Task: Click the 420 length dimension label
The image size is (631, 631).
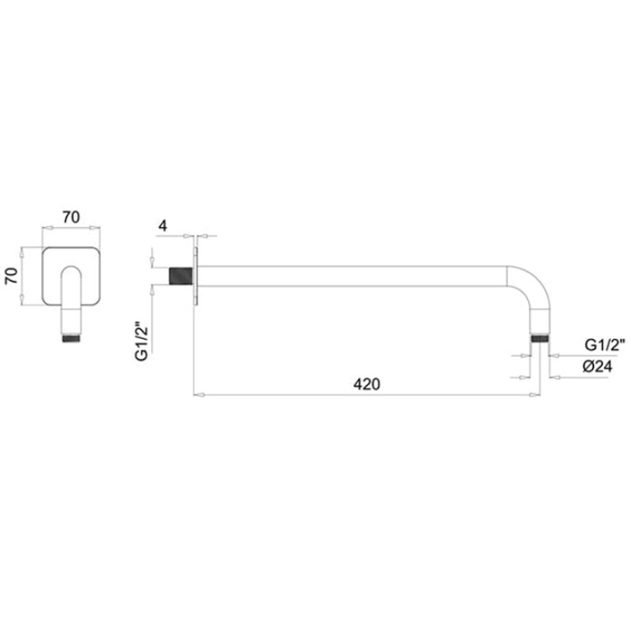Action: pyautogui.click(x=366, y=384)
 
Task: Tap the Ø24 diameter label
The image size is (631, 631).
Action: pyautogui.click(x=597, y=366)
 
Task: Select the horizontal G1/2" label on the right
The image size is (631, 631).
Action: pyautogui.click(x=605, y=345)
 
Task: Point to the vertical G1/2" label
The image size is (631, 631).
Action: pyautogui.click(x=142, y=341)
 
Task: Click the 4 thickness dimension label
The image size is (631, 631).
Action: pyautogui.click(x=163, y=225)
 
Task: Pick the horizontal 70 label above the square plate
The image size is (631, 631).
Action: pyautogui.click(x=71, y=217)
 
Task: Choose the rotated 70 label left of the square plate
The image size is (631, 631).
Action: pyautogui.click(x=12, y=276)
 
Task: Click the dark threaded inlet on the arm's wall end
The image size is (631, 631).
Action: pyautogui.click(x=181, y=276)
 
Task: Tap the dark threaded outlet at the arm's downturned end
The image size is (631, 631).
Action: pyautogui.click(x=539, y=337)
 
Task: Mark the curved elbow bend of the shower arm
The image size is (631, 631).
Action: pyautogui.click(x=535, y=284)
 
